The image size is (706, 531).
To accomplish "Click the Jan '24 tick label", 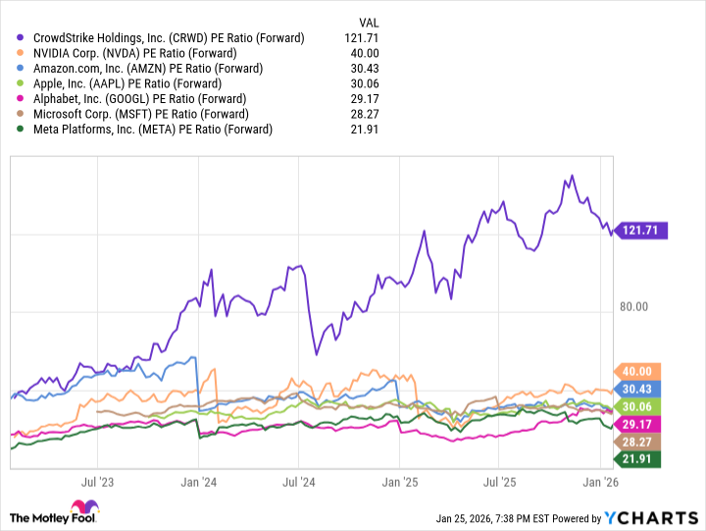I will [199, 482].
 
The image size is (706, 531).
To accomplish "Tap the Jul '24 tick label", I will [298, 482].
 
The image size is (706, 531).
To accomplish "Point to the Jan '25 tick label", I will [399, 482].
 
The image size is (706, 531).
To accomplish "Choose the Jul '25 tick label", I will [498, 482].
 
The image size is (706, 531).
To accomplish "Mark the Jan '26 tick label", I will [599, 482].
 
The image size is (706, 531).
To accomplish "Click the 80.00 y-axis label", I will [633, 306].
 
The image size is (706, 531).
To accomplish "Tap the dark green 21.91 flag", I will [635, 459].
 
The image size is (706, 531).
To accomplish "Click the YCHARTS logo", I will [648, 517].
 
